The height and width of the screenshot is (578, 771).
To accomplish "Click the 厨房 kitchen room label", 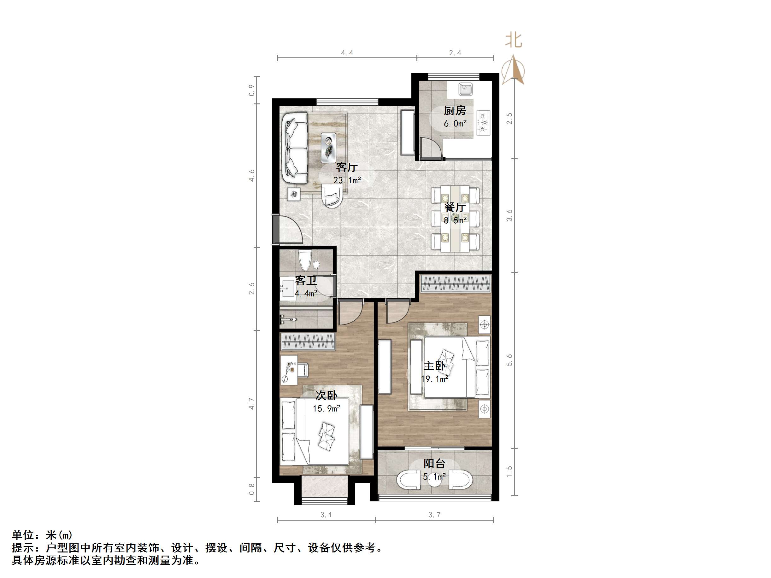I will click(x=455, y=111).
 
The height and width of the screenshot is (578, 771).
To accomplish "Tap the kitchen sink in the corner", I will click(x=465, y=89).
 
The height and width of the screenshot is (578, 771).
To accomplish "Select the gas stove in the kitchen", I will click(x=483, y=122).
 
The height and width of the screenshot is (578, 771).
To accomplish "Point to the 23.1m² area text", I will click(x=347, y=180).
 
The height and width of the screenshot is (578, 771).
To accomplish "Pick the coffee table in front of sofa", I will click(x=328, y=147).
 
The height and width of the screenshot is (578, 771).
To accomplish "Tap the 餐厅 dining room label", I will click(x=455, y=207).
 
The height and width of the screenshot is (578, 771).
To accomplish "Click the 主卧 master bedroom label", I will click(x=434, y=366).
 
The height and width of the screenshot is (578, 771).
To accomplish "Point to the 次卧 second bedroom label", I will click(x=326, y=395).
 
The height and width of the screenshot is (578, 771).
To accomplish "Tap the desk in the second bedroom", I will click(x=289, y=370).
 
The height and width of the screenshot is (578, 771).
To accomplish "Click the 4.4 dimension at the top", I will click(x=347, y=53).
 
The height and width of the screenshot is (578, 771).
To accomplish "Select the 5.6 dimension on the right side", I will click(x=509, y=360).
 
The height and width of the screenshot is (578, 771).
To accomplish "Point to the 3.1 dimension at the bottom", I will click(x=326, y=515).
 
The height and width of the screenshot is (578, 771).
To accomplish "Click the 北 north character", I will click(x=514, y=40).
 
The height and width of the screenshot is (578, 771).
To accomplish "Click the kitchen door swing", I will click(x=431, y=149).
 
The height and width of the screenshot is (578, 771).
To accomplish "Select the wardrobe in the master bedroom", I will click(x=456, y=283).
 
